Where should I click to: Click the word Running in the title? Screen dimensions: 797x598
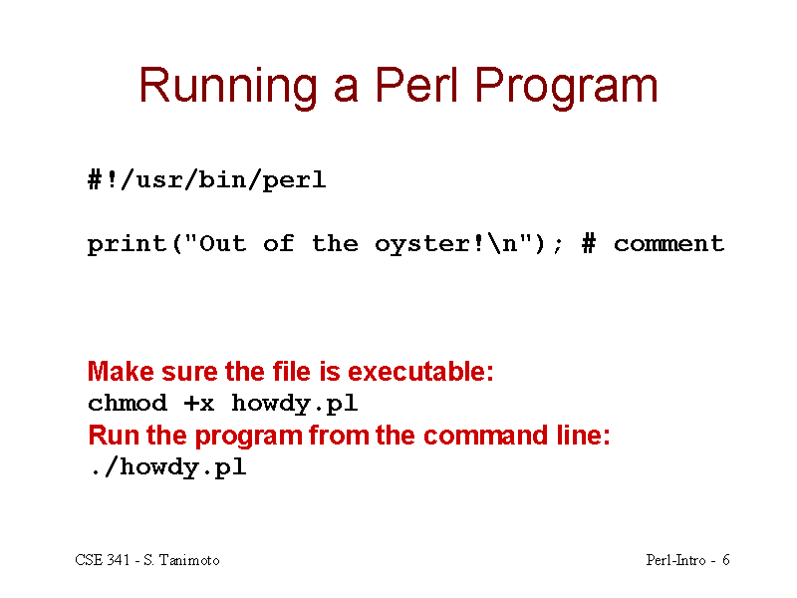228,88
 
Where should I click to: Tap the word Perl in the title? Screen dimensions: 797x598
416,85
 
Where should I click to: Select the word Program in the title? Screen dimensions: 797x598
566,88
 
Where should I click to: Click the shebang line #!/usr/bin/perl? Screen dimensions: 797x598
207,180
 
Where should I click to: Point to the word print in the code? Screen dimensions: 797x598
128,244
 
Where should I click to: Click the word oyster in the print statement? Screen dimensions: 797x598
422,245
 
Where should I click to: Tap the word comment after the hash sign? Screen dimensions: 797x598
668,244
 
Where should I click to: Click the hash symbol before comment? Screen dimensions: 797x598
589,243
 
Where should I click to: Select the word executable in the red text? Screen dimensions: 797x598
416,371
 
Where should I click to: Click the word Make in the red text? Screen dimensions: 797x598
121,371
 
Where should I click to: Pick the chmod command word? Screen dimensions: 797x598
128,403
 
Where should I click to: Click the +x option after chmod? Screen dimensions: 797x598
199,404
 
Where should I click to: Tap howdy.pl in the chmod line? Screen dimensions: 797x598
295,404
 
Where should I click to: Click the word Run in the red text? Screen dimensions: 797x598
114,436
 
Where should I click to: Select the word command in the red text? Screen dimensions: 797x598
485,436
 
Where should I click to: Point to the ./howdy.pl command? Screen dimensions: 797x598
167,466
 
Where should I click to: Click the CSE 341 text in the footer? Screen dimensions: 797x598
103,560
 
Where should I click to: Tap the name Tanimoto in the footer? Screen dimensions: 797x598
189,560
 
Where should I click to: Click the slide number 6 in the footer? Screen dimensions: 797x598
726,560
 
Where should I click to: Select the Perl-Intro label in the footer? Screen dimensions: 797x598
676,560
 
